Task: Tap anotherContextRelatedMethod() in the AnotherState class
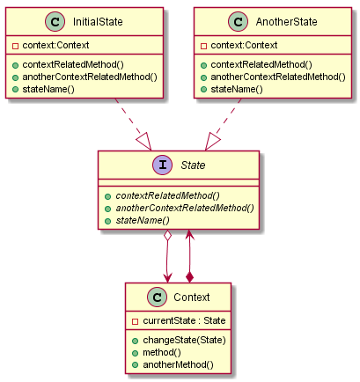[279, 77]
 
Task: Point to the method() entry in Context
[161, 351]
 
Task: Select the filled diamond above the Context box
[191, 276]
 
